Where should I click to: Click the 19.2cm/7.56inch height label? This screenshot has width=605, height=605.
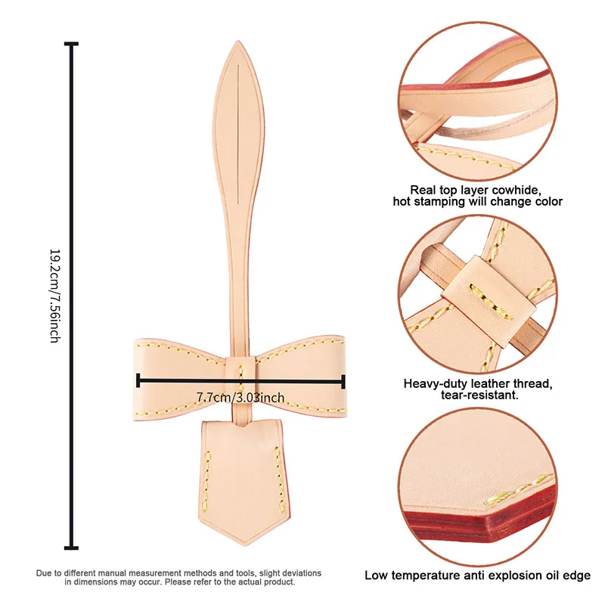coord(54,296)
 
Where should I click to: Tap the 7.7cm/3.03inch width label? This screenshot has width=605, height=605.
coord(240,397)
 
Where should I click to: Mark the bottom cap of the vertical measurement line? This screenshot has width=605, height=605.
coord(73,547)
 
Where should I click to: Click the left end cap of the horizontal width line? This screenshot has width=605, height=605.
coord(138,381)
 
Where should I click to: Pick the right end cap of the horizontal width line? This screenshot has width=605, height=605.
coord(344,381)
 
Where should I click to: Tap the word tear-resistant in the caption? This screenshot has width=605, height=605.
coord(493,396)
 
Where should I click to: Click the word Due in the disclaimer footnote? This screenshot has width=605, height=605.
coord(45,573)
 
